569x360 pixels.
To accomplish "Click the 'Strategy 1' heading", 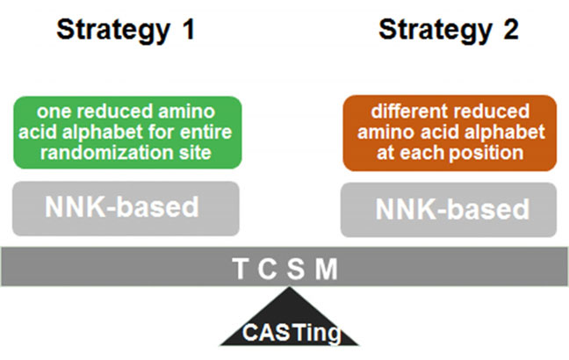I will point(125,30).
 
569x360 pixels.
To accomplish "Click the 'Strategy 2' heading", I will point(449,30).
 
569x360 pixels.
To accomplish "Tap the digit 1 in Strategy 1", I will point(185,30).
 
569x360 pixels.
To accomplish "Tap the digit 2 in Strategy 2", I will point(510,30).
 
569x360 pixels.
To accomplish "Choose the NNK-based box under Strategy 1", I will point(126,208).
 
